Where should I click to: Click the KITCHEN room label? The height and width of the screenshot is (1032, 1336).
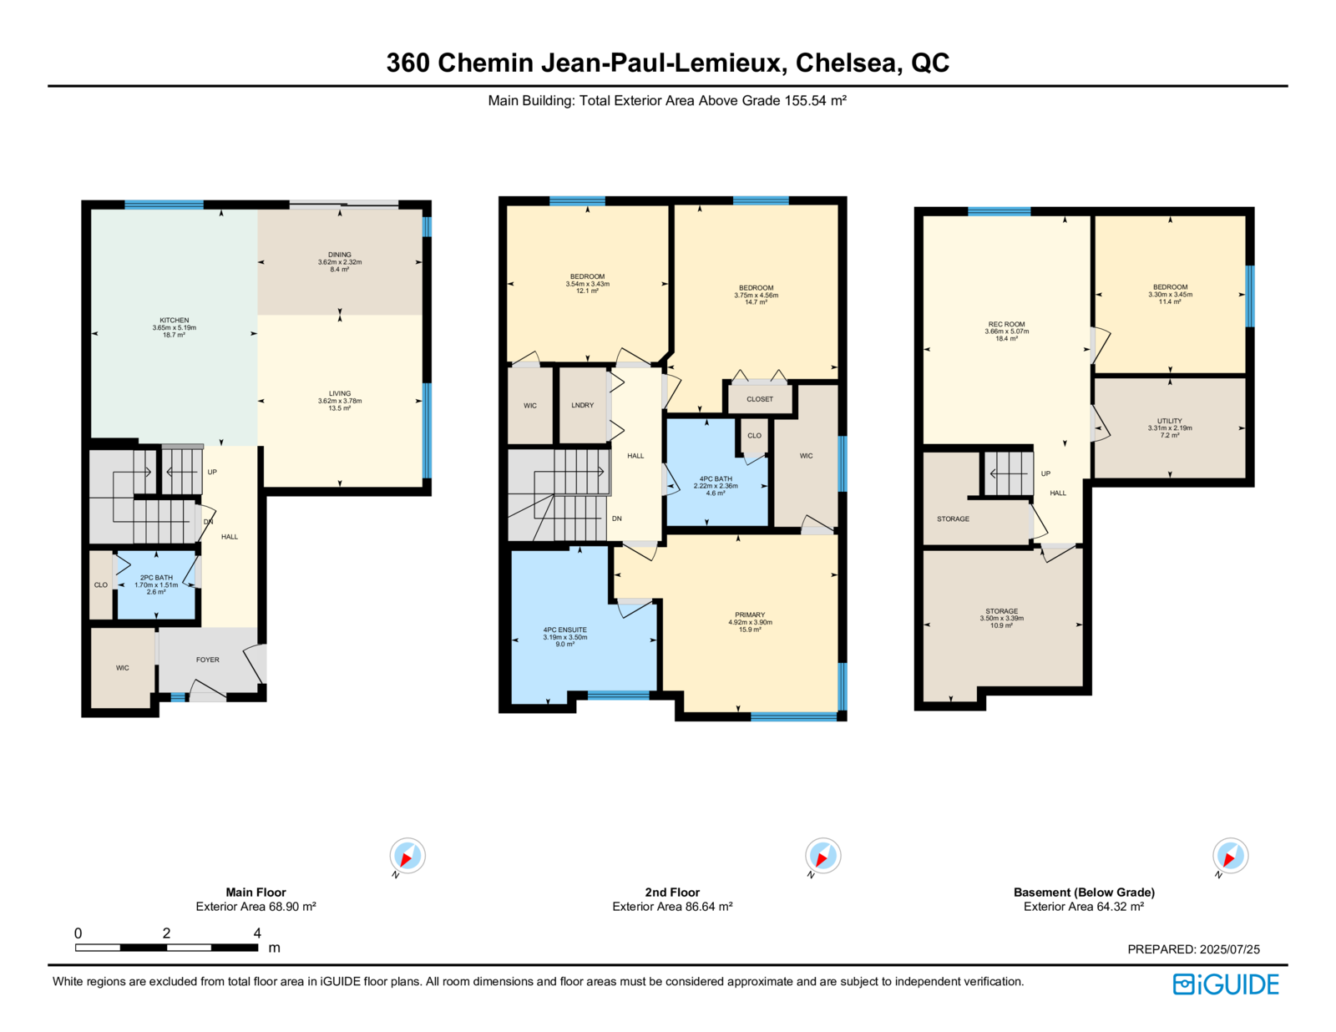pos(174,321)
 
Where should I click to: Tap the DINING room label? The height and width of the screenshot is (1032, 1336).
pos(339,255)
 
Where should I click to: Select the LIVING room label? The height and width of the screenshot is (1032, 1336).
pos(339,393)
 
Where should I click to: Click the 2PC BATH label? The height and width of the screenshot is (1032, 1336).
pos(156,578)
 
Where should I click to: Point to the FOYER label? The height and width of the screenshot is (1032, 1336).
pos(208,660)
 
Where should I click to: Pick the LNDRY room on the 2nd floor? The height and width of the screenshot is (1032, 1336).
pos(582,405)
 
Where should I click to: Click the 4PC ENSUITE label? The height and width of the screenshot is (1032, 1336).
pos(564,630)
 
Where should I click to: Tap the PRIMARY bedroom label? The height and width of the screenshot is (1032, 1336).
pos(750,615)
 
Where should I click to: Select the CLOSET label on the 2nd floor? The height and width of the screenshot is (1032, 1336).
pos(760,399)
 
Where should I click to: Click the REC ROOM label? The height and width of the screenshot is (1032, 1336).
pos(1006,324)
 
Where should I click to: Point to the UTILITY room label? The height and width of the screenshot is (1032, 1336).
pos(1169,421)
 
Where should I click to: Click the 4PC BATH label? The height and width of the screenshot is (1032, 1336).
pos(716,478)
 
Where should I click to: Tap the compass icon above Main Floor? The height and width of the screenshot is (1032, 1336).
pos(407,856)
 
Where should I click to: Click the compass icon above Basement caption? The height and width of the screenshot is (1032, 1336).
pos(1230,856)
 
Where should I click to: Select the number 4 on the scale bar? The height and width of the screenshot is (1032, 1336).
pos(257,933)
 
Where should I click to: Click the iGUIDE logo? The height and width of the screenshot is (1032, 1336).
pos(1225,984)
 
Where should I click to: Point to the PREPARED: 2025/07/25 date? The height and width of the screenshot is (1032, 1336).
pos(1193,949)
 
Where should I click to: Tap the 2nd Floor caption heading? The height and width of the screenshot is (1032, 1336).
pos(672,892)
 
